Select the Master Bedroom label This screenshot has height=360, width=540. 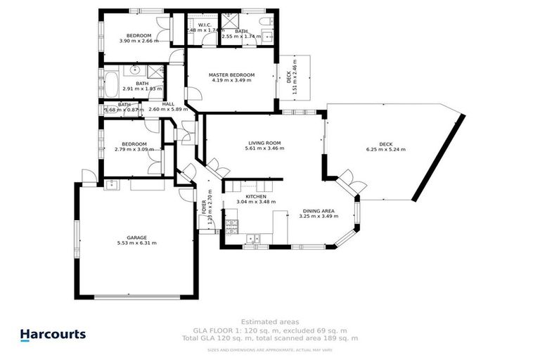[x=231, y=75]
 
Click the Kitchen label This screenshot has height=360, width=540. [x=255, y=196]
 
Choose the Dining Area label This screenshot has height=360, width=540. [x=319, y=210]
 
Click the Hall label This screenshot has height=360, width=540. [x=168, y=104]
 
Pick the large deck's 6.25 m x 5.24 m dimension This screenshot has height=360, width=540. [x=385, y=149]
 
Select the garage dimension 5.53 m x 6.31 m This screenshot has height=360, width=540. [x=136, y=243]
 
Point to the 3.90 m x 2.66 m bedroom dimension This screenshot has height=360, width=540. [x=139, y=41]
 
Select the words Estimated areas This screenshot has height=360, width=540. [x=269, y=323]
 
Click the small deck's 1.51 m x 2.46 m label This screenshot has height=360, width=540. [x=295, y=77]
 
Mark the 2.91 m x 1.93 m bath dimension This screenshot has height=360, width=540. [x=142, y=89]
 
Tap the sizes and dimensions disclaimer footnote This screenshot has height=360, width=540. [x=269, y=347]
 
